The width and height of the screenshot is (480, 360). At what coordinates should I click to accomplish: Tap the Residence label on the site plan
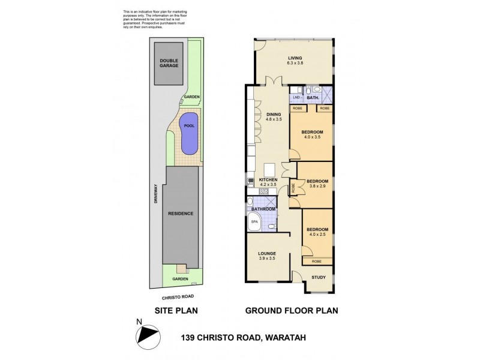click(x=179, y=213)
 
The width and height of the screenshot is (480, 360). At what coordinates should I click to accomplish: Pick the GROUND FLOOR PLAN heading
click(x=291, y=311)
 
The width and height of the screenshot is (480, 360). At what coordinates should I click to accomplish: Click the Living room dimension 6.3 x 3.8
click(x=294, y=64)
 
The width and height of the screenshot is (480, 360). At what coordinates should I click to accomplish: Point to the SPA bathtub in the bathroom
click(x=255, y=221)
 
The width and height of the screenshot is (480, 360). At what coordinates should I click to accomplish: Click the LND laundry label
click(x=296, y=97)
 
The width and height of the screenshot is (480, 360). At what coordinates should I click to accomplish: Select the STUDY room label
click(x=319, y=277)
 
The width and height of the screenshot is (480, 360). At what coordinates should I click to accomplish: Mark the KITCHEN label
click(x=268, y=180)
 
